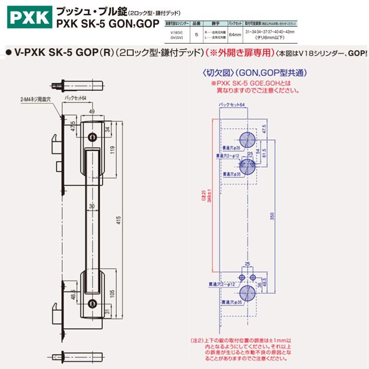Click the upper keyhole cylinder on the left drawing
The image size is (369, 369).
click(94, 137)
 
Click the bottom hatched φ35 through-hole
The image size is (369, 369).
click(247, 296)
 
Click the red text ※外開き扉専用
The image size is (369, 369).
click(240, 53)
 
